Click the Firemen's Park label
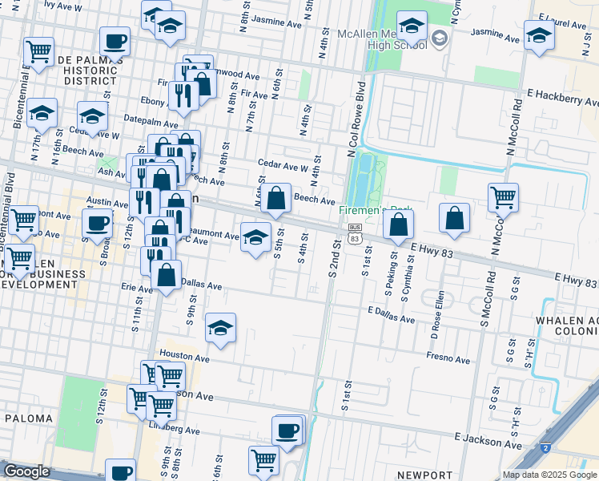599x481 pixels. click(x=364, y=210)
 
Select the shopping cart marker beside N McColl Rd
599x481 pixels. click(x=503, y=196)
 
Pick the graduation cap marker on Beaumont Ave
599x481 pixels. click(x=255, y=237)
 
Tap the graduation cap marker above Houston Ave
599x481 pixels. click(x=220, y=327)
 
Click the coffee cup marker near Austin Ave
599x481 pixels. click(x=97, y=224)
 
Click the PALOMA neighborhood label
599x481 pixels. click(x=28, y=418)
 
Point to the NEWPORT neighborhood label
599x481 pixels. click(x=424, y=475)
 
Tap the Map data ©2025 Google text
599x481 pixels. click(x=549, y=475)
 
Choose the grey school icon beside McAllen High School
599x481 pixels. click(x=440, y=38)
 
